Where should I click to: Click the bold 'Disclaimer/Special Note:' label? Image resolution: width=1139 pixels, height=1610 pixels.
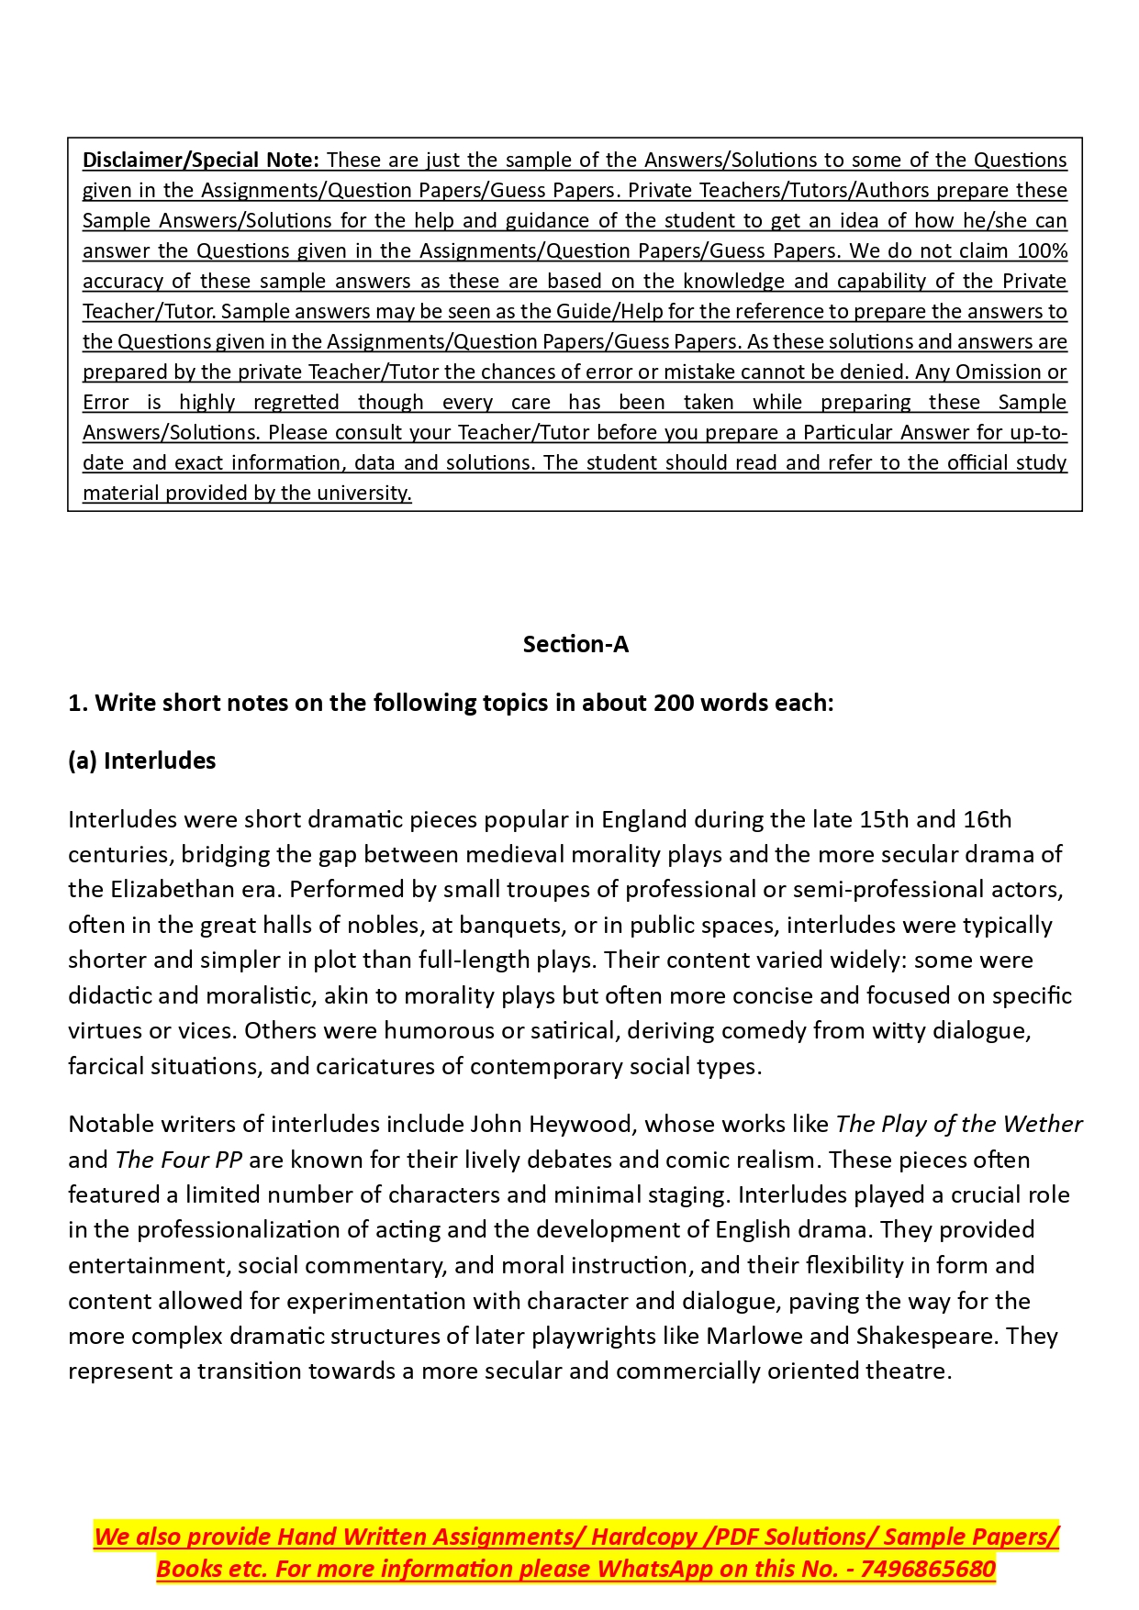[200, 161]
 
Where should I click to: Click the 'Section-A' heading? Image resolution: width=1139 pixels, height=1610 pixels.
[575, 645]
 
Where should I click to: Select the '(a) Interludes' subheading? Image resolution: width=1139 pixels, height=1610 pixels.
[142, 761]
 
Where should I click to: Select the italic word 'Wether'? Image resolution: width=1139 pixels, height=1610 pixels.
[1043, 1125]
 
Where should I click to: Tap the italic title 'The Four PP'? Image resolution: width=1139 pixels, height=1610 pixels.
[179, 1160]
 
